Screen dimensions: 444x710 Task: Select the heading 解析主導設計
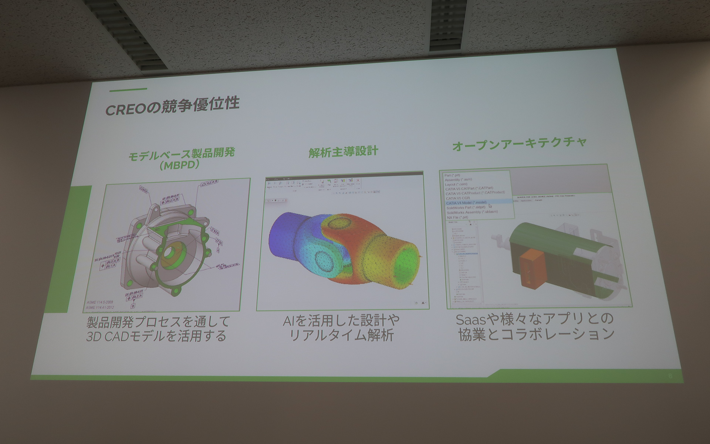[343, 151]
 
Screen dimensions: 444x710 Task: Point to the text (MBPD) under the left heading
[180, 165]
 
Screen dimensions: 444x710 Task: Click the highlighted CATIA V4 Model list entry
[466, 203]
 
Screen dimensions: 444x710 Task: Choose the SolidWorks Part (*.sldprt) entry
[466, 208]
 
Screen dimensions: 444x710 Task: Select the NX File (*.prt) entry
[457, 218]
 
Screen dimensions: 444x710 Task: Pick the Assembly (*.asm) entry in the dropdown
[458, 180]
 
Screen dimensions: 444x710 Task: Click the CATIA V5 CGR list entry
[458, 198]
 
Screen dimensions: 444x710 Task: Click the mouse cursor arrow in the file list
[490, 206]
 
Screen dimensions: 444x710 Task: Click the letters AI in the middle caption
[289, 320]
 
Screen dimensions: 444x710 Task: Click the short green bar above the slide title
[128, 89]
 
